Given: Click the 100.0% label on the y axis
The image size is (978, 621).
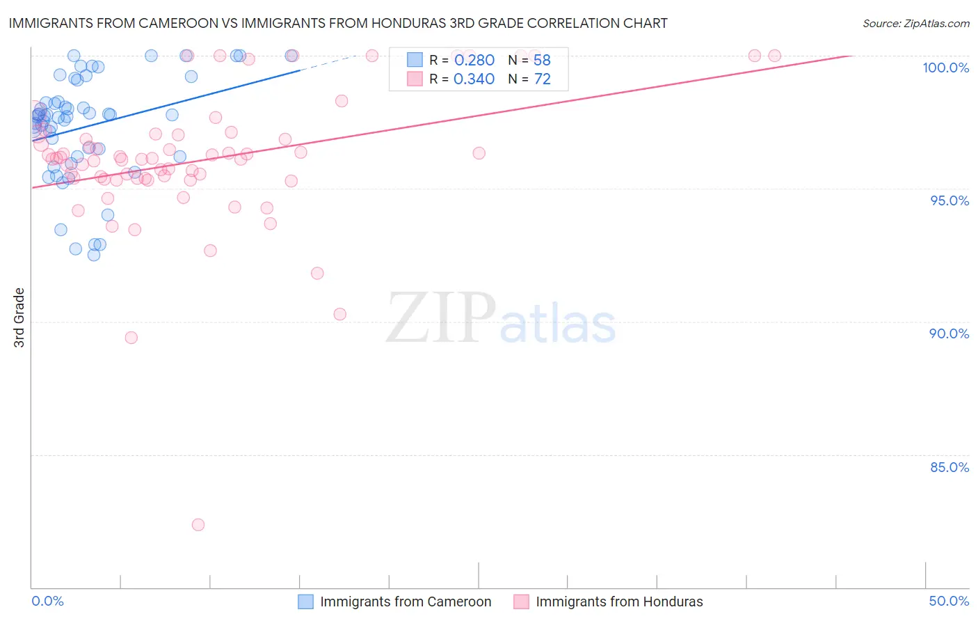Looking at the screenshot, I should pos(945,68).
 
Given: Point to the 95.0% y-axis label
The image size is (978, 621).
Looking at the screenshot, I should pos(949,201).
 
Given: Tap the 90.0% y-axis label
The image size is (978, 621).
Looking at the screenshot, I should pos(949,333).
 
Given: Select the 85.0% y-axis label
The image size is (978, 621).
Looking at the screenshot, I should pos(949,467).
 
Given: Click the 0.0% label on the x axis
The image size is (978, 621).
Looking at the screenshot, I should pos(47,601).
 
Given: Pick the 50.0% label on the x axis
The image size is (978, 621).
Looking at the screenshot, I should pos(949,601).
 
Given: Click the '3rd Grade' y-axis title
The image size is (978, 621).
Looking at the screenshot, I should pos(19,317).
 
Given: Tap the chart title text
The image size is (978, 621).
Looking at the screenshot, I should pos(338,23).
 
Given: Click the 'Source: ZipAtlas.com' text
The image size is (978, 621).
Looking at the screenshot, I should pos(915,24).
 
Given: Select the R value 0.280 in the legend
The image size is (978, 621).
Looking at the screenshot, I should pos(474,61).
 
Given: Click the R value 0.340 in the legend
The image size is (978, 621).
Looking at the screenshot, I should pos(474,79).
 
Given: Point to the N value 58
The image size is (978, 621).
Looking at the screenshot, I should pos(542,61).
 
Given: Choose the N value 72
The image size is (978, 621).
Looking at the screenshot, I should pos(542,79).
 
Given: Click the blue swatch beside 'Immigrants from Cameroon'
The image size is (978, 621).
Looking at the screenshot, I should pos(306,602).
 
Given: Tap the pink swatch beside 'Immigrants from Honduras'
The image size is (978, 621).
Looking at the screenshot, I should pos(522,602).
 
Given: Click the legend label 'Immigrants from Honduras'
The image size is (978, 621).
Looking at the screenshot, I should pos(619,602).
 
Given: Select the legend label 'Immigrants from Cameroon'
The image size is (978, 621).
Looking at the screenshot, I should pos(406,602).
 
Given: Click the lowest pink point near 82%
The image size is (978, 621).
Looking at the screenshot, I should pos(198,525).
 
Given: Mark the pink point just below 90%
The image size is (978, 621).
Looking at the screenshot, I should pos(131,338).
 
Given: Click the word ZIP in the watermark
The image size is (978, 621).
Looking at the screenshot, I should pos(441,319).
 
